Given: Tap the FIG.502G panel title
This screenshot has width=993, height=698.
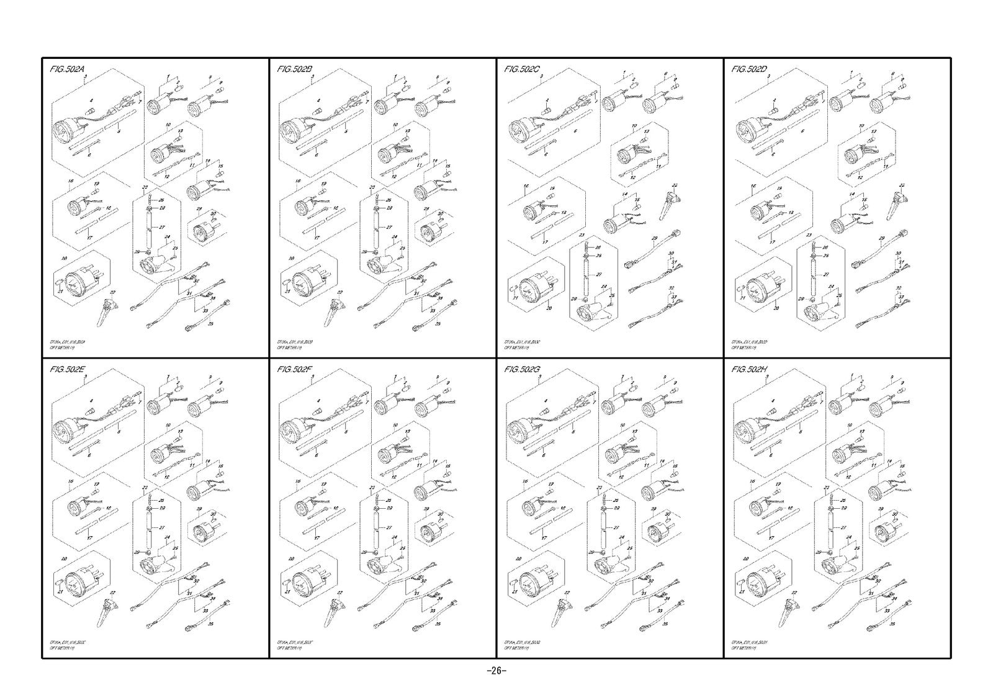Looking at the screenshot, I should coord(523,370).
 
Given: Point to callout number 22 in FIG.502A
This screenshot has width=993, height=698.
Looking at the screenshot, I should coord(112,292).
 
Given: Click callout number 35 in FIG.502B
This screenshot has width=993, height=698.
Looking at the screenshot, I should coord(438,324).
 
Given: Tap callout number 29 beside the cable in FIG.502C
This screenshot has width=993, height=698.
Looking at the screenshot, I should coord(654,239).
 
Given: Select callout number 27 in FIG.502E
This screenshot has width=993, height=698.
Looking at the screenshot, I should coord(162,527).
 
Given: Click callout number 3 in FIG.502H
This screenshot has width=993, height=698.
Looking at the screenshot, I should coord(768,377).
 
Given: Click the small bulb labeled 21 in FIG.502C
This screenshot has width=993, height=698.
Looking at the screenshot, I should coord(514,289).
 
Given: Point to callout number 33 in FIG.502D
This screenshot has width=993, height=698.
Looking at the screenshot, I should coord(900,298).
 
